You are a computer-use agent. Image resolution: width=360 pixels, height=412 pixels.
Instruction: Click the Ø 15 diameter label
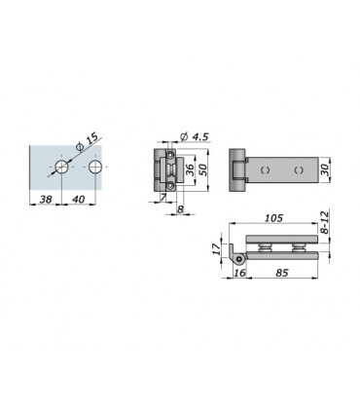tap(87, 142)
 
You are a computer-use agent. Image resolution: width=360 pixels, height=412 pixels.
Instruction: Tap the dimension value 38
tap(46, 199)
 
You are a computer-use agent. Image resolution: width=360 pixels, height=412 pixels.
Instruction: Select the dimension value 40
tap(78, 199)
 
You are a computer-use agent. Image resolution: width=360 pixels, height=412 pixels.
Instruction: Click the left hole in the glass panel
tap(61, 167)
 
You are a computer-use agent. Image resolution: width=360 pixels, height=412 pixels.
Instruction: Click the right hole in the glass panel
tap(95, 167)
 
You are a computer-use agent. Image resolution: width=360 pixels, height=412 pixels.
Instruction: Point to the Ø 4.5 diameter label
tap(194, 136)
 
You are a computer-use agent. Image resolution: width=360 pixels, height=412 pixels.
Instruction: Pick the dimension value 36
tap(191, 169)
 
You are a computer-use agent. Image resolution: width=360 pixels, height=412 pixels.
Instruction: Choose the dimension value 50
tap(202, 169)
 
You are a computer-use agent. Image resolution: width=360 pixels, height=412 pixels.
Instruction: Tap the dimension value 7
tap(163, 197)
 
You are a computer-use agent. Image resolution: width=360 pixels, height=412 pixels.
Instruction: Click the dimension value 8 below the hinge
tap(180, 209)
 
